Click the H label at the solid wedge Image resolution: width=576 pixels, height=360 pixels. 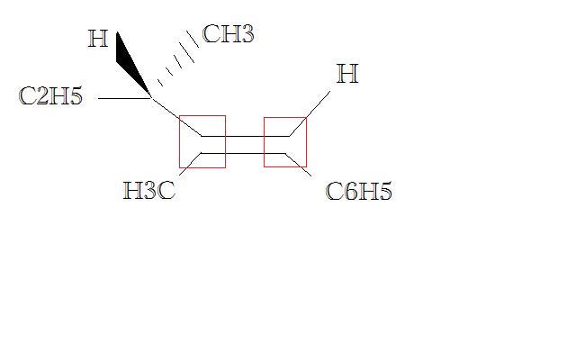click(98, 40)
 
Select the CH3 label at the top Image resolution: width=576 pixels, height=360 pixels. click(228, 35)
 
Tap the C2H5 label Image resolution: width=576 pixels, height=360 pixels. click(50, 96)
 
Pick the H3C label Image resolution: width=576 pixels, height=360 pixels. click(148, 191)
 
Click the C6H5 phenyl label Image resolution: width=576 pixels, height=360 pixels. click(358, 192)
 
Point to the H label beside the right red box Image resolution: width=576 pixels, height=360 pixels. click(347, 74)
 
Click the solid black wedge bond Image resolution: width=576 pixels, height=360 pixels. click(131, 63)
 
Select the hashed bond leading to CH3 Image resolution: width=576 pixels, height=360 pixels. click(176, 63)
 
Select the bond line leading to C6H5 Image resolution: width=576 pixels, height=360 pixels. click(302, 164)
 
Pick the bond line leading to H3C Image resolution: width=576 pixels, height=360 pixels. click(187, 164)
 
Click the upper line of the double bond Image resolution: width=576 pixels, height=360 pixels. click(245, 136)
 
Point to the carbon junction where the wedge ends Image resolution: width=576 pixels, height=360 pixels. click(151, 96)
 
